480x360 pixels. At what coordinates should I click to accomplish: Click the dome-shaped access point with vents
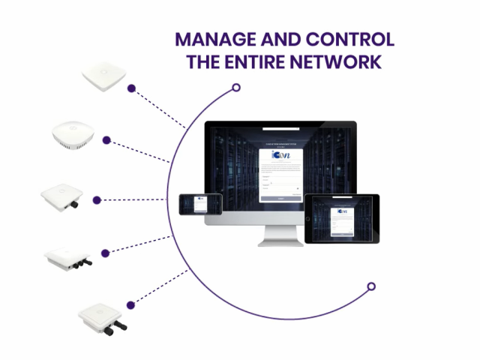pyautogui.click(x=73, y=133)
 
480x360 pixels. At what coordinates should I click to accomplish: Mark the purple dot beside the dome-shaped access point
pyautogui.click(x=107, y=139)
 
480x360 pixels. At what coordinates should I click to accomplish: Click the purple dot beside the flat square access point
pyautogui.click(x=132, y=88)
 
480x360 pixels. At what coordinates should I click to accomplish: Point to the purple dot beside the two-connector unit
pyautogui.click(x=131, y=304)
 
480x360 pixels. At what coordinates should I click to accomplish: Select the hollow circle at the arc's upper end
pyautogui.click(x=236, y=88)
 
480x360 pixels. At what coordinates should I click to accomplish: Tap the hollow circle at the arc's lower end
pyautogui.click(x=370, y=286)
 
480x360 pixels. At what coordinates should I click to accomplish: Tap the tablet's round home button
pyautogui.click(x=307, y=218)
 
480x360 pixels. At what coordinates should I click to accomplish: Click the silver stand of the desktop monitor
pyautogui.click(x=280, y=235)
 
